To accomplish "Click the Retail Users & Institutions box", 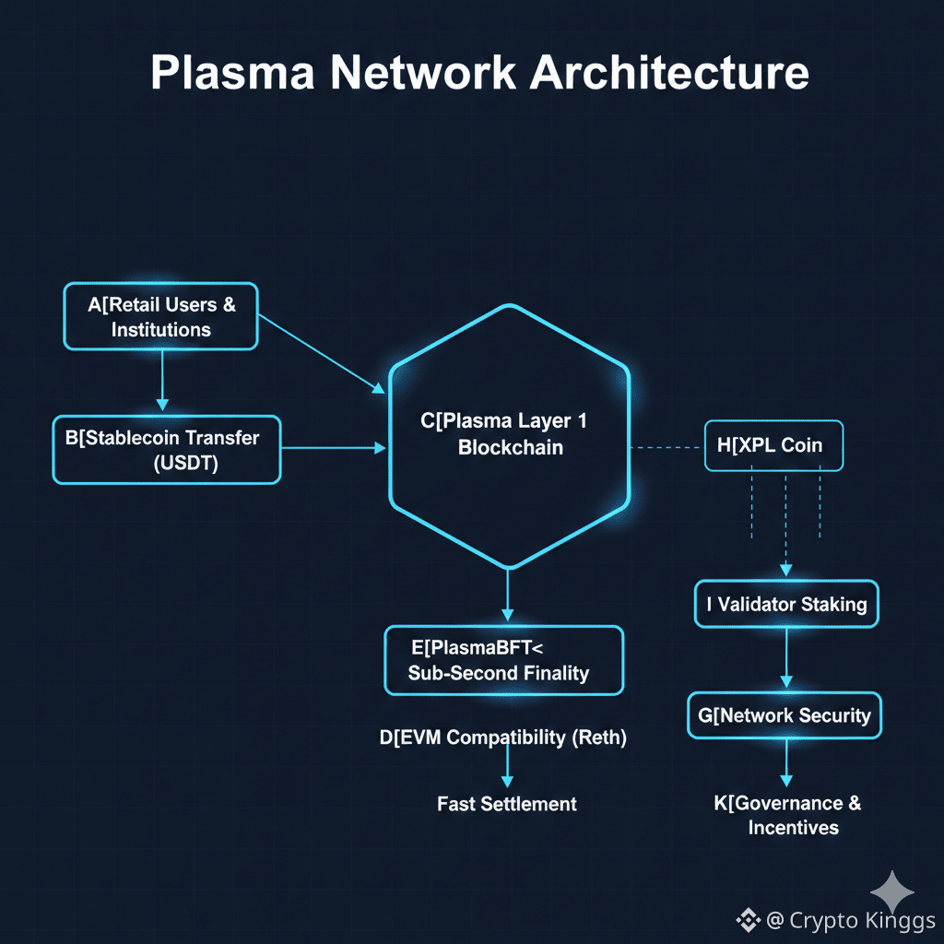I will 160,316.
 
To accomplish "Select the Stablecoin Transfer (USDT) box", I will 166,450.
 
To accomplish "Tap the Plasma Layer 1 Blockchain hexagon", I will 510,434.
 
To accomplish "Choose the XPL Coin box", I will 773,446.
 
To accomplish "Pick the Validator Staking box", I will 785,605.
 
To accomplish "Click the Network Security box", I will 785,715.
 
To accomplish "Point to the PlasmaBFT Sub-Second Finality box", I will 503,660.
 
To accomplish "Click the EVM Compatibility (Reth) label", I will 502,737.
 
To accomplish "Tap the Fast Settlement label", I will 506,804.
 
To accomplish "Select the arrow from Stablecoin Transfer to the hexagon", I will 333,448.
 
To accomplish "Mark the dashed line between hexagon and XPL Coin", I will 666,447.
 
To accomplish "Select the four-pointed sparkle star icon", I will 893,891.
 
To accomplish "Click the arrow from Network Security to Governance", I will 785,761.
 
